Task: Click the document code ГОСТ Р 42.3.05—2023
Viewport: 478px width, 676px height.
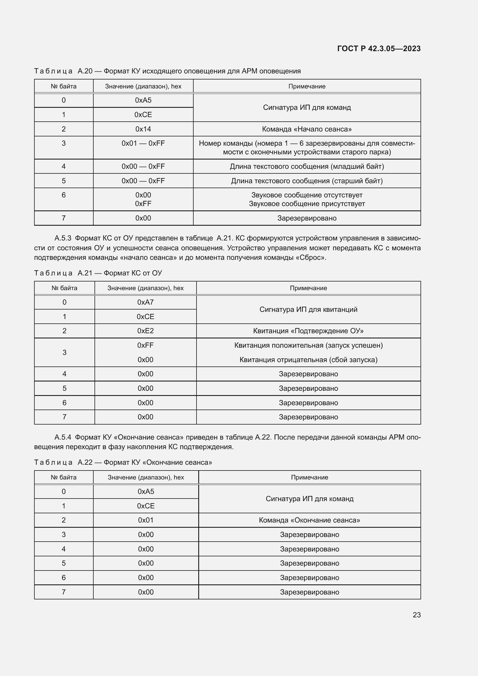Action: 379,49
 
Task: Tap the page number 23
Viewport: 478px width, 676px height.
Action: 416,614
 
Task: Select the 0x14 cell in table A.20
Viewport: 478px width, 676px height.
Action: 143,129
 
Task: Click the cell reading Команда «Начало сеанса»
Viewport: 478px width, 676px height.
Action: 307,129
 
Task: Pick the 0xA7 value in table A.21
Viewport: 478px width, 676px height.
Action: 145,302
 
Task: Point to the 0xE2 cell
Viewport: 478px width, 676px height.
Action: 145,331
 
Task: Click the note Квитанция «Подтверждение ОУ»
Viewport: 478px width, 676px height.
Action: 308,331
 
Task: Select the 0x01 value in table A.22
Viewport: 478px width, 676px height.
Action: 146,520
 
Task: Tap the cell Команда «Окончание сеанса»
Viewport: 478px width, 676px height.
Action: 309,520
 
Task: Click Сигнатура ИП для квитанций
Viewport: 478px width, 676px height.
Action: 308,309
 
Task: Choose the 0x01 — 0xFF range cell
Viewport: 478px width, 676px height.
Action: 143,143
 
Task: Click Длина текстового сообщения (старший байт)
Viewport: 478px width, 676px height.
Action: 307,181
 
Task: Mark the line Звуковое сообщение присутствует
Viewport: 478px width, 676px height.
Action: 307,204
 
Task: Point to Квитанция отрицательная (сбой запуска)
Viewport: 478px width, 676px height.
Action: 308,360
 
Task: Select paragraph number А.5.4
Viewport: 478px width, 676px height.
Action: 63,437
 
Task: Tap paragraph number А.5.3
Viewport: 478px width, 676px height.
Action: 63,238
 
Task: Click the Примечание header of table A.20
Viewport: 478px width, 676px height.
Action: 307,86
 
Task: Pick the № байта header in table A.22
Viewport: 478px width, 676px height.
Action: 64,477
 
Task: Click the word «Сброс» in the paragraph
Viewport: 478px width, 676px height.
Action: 313,257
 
